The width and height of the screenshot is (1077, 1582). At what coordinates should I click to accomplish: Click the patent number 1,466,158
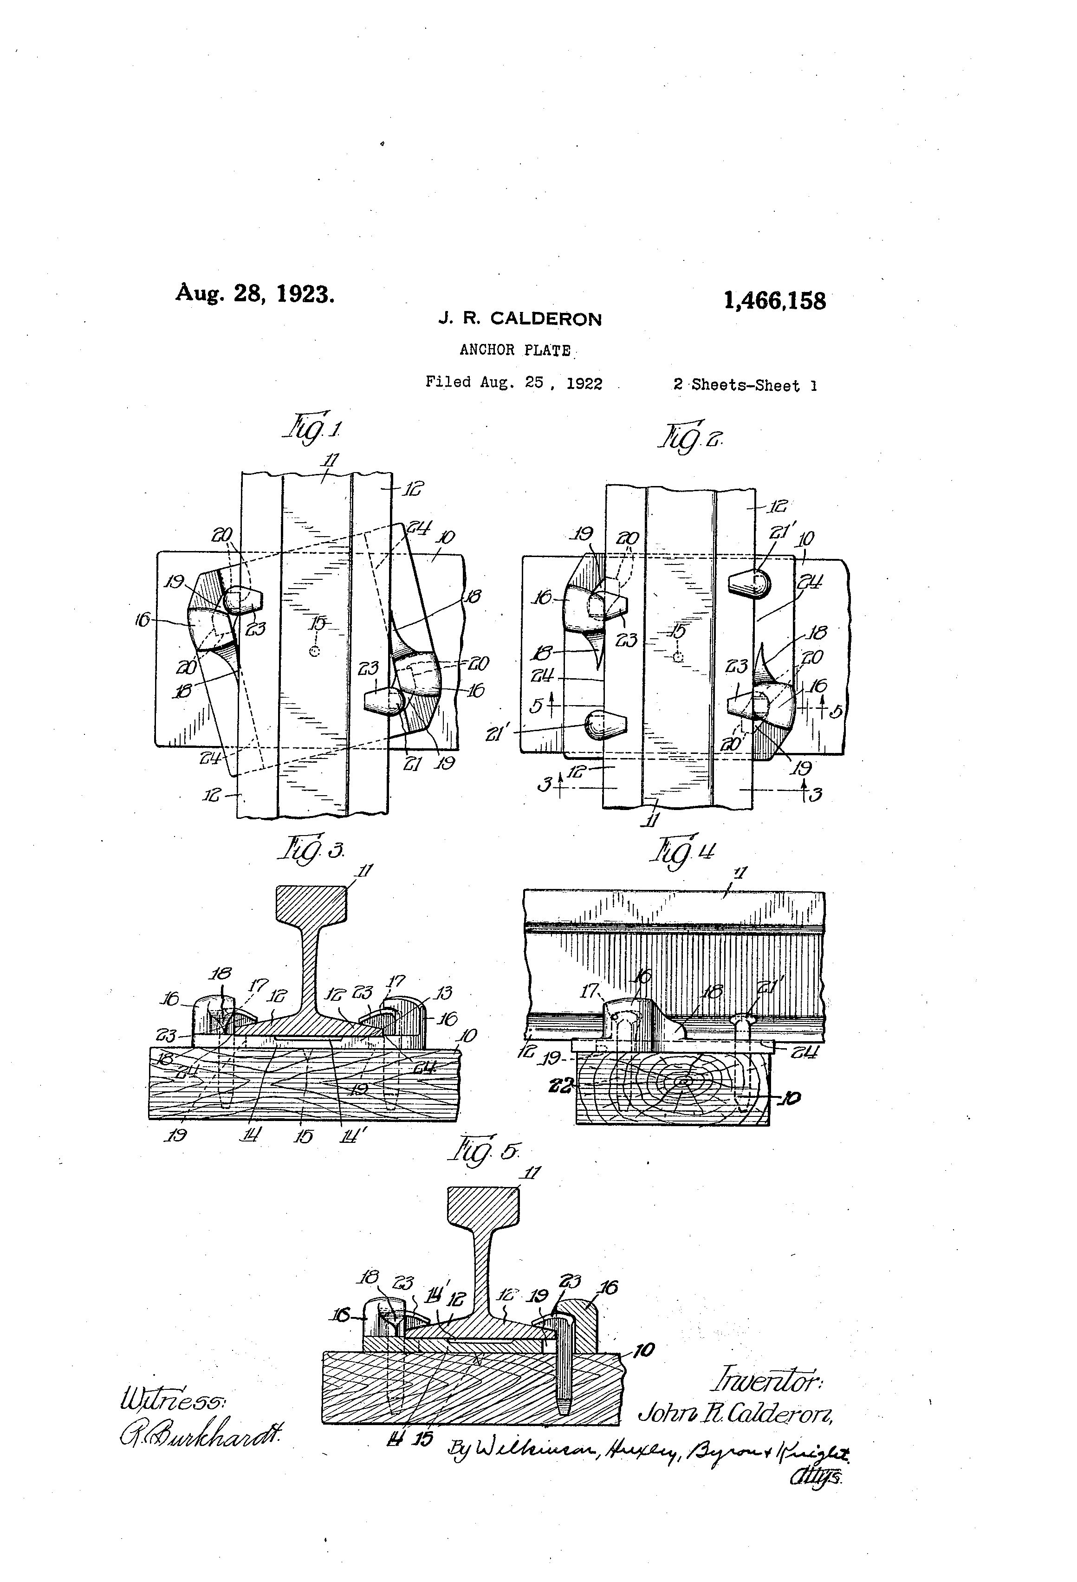tap(775, 300)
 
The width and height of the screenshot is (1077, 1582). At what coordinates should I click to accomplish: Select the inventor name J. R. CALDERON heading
tap(520, 318)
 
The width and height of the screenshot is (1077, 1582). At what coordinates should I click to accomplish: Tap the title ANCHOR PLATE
tap(515, 350)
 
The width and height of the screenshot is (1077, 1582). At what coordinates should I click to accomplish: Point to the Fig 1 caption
tap(313, 429)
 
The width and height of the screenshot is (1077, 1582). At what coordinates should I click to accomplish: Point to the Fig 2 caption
tap(688, 437)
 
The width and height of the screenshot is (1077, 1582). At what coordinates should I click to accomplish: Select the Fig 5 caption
tap(486, 1150)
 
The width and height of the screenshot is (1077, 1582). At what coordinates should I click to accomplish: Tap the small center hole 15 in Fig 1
tap(314, 651)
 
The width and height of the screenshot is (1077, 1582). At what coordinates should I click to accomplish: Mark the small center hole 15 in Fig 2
tap(677, 658)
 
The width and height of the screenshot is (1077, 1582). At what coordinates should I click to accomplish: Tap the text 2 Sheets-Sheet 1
tap(745, 385)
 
